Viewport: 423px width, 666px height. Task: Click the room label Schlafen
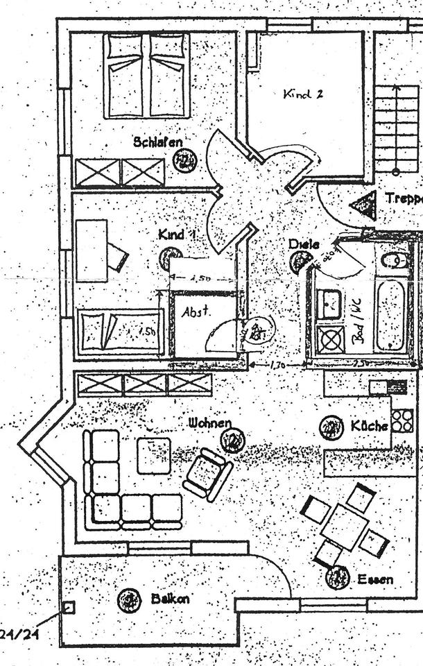[158, 142]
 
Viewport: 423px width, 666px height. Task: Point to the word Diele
[304, 244]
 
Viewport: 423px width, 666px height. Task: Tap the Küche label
[369, 426]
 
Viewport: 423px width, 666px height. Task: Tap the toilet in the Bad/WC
[395, 261]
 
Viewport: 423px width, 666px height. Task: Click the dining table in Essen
[345, 525]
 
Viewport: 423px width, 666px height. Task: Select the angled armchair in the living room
[207, 475]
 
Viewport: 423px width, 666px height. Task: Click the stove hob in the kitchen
[402, 420]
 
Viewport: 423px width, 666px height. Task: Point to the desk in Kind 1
[92, 250]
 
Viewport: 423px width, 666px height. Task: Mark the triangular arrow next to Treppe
[363, 205]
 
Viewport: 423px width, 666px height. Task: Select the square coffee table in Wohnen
[153, 456]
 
